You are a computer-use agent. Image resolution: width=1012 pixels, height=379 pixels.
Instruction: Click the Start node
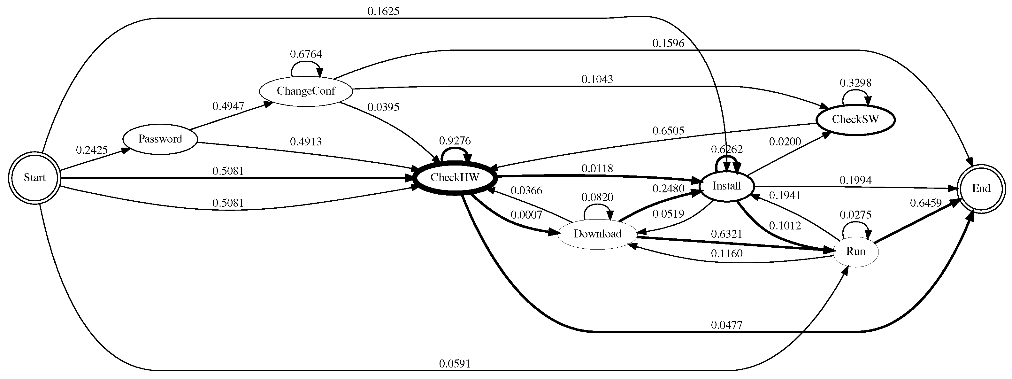coord(34,178)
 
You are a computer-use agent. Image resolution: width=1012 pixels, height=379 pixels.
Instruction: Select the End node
coord(981,189)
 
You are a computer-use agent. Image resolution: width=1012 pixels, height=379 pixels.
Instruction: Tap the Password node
coord(160,139)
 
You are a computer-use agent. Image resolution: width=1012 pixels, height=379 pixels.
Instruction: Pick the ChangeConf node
coord(306,91)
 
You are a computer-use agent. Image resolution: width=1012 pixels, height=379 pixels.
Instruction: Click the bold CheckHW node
coord(455,178)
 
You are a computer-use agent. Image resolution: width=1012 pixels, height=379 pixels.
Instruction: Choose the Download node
coord(597,234)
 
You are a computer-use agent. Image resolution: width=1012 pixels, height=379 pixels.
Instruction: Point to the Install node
coord(726,186)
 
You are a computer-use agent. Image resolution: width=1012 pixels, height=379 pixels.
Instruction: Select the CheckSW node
coord(855,120)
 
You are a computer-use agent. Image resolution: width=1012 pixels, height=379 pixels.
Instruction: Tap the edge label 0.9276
coord(455,141)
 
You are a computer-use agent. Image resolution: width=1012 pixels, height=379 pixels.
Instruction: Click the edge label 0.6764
coord(306,54)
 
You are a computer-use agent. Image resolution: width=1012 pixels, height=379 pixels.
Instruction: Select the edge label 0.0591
coord(455,364)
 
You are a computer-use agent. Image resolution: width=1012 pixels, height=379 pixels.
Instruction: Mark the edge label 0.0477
coord(726,325)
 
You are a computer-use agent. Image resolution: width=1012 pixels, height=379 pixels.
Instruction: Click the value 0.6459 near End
coord(925,203)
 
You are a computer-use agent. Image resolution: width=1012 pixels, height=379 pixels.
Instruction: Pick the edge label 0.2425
coord(92,150)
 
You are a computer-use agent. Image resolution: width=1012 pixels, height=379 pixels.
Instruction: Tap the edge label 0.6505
coord(668,130)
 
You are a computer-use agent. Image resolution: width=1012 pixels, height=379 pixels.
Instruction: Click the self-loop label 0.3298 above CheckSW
coord(855,83)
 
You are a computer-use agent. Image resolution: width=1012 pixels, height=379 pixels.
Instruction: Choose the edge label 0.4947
coord(228,106)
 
